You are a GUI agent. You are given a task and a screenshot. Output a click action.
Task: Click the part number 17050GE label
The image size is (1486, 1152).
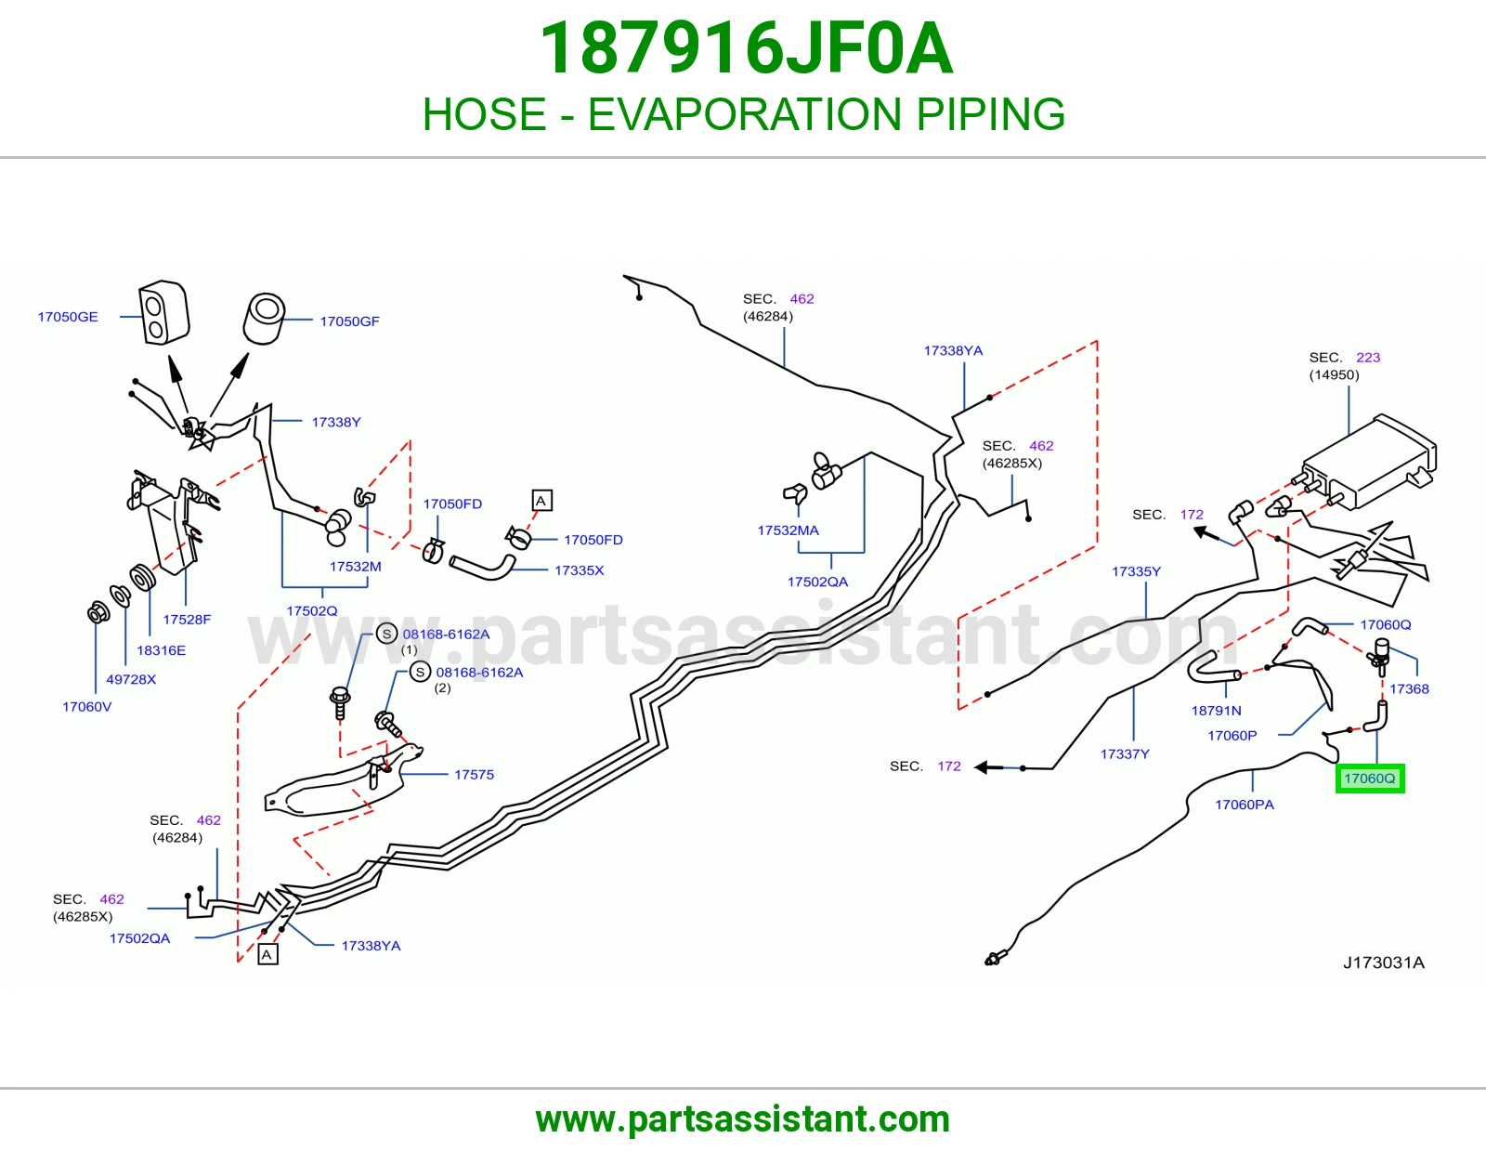(68, 317)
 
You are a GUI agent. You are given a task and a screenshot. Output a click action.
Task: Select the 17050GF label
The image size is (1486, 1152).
(349, 321)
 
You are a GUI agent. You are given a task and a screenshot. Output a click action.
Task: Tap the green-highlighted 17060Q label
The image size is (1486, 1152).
(1370, 779)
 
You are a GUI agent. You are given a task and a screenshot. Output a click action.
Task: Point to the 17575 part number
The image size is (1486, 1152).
(474, 775)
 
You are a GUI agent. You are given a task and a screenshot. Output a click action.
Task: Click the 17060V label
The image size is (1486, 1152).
(87, 707)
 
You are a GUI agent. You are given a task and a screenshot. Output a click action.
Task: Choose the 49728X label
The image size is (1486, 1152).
(131, 679)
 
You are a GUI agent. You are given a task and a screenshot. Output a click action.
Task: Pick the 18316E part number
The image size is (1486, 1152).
(162, 650)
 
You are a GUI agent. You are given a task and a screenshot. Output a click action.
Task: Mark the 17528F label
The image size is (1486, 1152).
(187, 620)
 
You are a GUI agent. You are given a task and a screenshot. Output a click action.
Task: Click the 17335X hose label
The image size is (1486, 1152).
(580, 570)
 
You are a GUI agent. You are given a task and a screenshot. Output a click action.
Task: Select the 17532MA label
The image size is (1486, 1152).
(788, 530)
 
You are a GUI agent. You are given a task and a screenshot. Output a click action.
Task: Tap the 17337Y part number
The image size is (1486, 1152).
(1125, 753)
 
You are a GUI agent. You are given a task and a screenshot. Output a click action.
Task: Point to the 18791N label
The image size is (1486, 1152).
(1216, 711)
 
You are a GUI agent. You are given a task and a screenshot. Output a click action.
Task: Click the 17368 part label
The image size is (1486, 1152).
(1410, 688)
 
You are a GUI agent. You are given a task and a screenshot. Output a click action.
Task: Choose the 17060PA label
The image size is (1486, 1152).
(1245, 805)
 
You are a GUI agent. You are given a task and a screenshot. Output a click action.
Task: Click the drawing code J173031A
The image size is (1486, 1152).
(1384, 963)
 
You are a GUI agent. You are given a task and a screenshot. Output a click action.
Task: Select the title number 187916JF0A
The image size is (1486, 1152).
(746, 49)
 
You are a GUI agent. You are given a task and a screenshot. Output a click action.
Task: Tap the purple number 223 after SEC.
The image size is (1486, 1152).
(1368, 358)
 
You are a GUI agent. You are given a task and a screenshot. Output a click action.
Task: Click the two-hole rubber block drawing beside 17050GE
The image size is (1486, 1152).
(164, 311)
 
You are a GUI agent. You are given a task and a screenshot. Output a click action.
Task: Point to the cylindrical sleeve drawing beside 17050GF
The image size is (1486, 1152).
(264, 320)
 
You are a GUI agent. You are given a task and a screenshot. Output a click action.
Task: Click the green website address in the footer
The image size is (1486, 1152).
(743, 1119)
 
